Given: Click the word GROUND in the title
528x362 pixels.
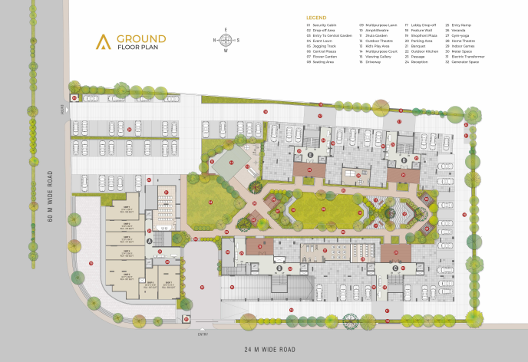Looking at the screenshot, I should click(141, 38).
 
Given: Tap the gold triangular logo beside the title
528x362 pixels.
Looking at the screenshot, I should click(102, 42).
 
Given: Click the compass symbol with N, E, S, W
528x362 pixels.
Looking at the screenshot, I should click(227, 41).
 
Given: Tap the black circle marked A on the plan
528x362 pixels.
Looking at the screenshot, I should click(149, 239).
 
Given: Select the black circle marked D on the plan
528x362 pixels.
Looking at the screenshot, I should click(403, 160).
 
